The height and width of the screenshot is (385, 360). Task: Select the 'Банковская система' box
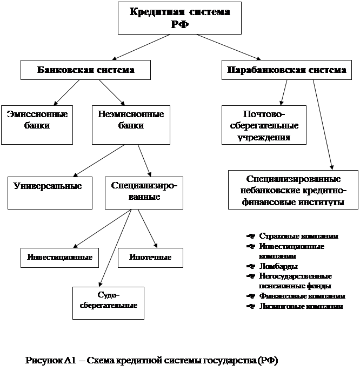click(x=85, y=70)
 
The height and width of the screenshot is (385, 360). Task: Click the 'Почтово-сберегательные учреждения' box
click(x=264, y=125)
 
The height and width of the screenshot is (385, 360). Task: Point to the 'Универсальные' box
click(x=50, y=192)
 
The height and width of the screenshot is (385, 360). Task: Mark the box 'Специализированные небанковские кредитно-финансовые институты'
click(x=293, y=190)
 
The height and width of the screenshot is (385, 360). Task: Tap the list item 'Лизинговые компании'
click(x=301, y=306)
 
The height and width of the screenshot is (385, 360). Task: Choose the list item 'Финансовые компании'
click(x=302, y=296)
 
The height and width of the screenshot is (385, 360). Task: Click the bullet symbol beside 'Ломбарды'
click(x=250, y=266)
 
